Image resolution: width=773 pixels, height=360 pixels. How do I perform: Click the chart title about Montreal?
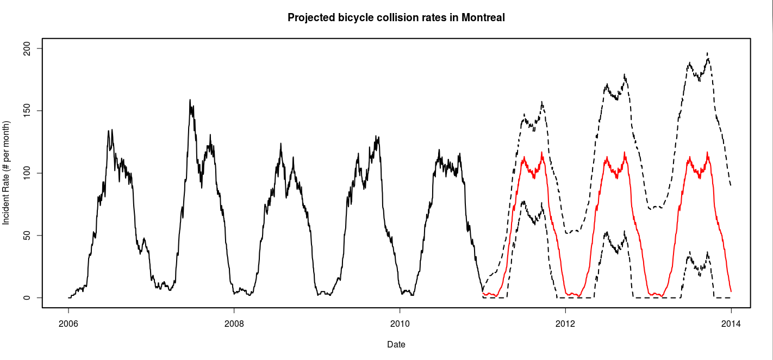click(396, 18)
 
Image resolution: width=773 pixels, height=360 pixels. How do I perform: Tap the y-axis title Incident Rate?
click(7, 173)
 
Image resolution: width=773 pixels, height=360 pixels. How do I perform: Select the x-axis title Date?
click(396, 344)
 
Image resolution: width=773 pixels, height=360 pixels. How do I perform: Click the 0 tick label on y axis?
click(25, 298)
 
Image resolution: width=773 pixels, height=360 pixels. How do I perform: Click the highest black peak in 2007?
click(190, 100)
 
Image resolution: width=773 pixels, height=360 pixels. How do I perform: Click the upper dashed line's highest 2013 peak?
click(707, 53)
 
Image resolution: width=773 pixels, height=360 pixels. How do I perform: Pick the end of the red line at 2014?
click(731, 291)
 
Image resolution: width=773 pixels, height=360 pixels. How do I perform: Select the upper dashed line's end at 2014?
click(731, 185)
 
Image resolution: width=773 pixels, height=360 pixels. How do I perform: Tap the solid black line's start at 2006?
click(68, 297)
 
